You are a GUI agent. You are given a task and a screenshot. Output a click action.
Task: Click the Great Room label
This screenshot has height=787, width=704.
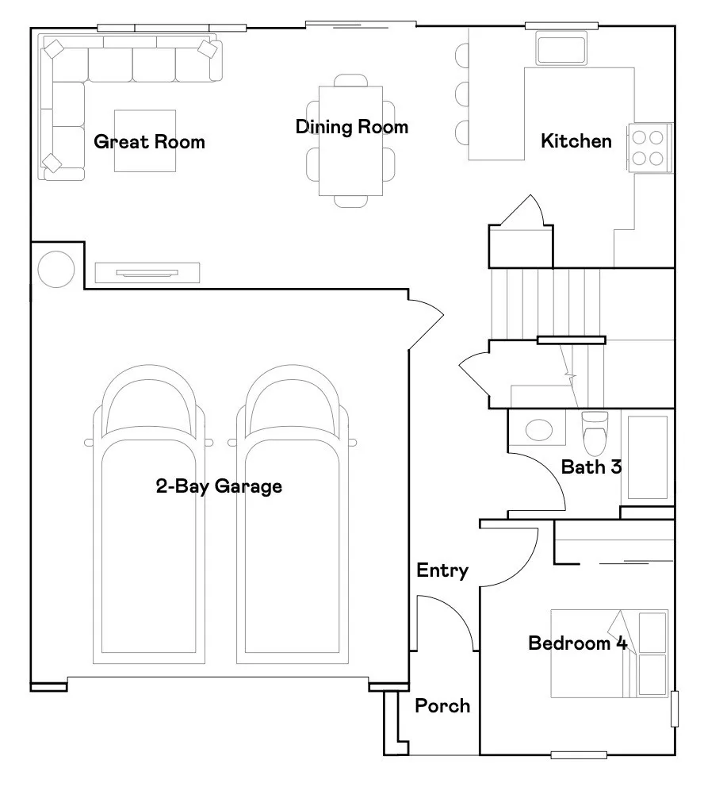coord(149,142)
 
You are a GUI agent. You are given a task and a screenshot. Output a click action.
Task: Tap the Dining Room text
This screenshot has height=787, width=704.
coord(351,127)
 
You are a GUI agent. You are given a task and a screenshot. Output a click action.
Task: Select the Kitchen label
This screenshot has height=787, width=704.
coord(576,141)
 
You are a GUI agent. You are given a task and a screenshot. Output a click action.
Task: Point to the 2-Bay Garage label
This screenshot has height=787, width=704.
coord(219,486)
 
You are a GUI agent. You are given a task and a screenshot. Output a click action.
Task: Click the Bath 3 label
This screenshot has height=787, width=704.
coord(591,466)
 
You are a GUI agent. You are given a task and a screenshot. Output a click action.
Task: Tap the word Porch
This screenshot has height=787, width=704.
coord(442,705)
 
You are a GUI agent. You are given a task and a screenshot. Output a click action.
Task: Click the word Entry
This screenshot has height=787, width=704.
coord(442,570)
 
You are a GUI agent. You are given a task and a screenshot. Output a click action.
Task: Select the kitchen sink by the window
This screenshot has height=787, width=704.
coord(561,48)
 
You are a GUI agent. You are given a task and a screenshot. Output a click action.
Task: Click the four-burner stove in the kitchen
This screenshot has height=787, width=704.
coord(649,148)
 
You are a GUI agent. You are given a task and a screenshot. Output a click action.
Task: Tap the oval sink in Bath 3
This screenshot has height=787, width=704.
coord(540,430)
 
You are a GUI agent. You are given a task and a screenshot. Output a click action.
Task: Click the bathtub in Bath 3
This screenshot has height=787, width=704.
coord(648,457)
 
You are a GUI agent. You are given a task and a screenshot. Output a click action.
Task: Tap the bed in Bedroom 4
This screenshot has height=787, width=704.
coord(609,653)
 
